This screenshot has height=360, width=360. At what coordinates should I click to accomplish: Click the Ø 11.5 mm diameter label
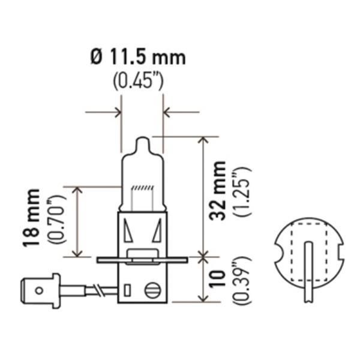[138, 58]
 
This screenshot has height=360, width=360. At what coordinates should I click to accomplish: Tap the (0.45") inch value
[139, 81]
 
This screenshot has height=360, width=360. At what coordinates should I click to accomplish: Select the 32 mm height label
[218, 191]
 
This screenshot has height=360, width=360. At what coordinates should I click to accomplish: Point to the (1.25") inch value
[242, 191]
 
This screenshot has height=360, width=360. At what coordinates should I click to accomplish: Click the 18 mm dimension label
[31, 218]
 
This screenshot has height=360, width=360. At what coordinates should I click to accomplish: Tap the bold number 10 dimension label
[217, 278]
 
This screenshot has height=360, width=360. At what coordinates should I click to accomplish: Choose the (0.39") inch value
[242, 280]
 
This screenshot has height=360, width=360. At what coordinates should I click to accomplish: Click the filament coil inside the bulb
[142, 188]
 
